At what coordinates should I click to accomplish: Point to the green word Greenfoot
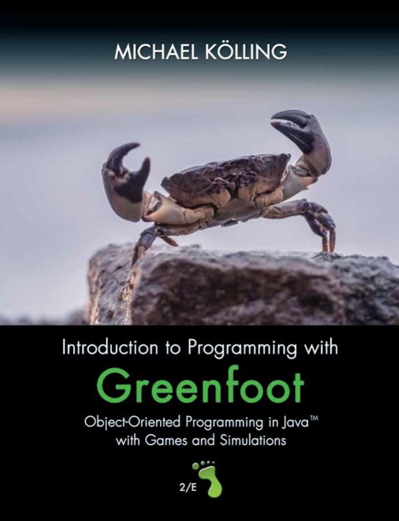[x=201, y=385]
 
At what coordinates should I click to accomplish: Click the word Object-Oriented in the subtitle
[x=133, y=422]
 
